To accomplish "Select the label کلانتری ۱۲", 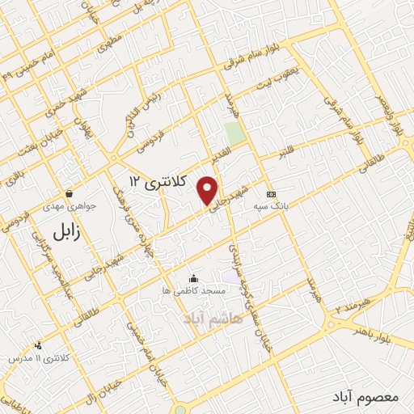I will pos(158,183).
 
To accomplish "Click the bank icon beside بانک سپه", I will pos(270,195).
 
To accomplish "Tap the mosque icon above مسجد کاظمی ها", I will pos(194,278).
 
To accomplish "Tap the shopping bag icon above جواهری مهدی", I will pos(71,194).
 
